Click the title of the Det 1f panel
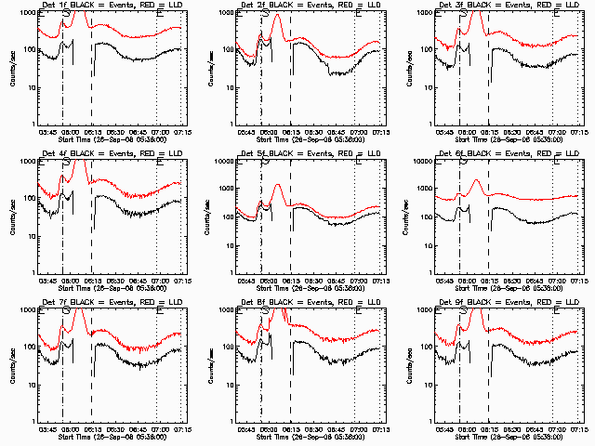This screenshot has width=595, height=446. (x=112, y=5)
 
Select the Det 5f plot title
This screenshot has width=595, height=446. (x=311, y=152)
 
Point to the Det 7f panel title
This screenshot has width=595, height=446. (x=112, y=301)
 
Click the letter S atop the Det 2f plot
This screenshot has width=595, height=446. (x=265, y=15)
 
